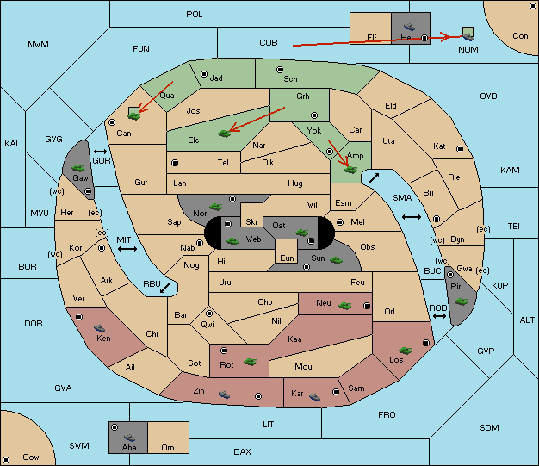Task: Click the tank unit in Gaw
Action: (x=78, y=168)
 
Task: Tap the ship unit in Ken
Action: (x=99, y=328)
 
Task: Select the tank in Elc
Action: (x=224, y=134)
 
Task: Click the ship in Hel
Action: (x=409, y=27)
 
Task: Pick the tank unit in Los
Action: (x=405, y=351)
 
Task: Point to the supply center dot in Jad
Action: (x=204, y=74)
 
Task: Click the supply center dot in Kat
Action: (x=460, y=149)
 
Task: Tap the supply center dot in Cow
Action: (x=6, y=459)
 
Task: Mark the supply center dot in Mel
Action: (x=340, y=222)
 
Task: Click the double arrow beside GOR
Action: (x=101, y=152)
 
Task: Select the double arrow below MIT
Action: (x=127, y=249)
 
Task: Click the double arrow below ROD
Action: (x=439, y=316)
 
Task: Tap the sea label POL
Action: (x=195, y=15)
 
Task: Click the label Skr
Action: (x=251, y=222)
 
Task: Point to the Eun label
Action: (x=287, y=258)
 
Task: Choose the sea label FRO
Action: (x=387, y=415)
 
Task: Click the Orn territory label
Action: (x=168, y=447)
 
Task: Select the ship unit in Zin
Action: (x=224, y=395)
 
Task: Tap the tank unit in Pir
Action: (x=461, y=301)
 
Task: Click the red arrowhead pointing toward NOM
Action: (x=445, y=36)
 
